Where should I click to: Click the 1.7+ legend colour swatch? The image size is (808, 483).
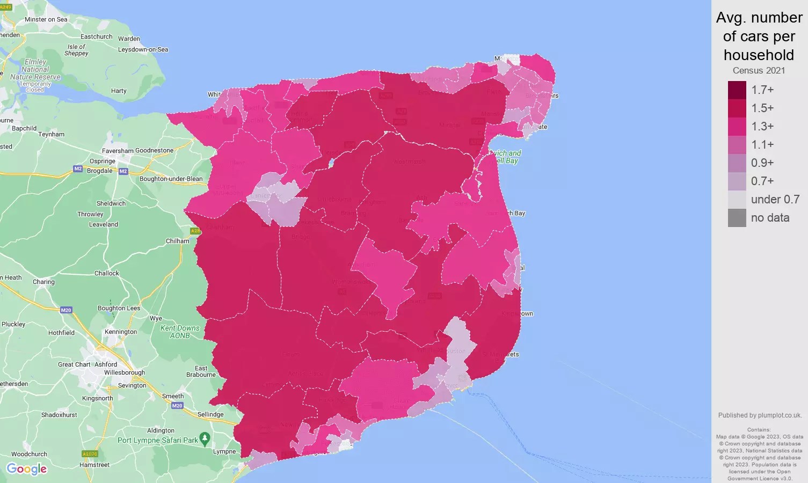click(x=737, y=90)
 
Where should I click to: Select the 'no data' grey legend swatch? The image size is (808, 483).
click(x=737, y=218)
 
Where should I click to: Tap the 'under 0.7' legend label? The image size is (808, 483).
click(x=775, y=200)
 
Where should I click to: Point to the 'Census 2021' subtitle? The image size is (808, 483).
click(x=759, y=70)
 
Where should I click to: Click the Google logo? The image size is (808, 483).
click(x=27, y=469)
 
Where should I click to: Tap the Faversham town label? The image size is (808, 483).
click(x=118, y=151)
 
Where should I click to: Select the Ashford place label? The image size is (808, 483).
click(x=106, y=364)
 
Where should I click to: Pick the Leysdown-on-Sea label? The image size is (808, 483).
click(x=143, y=49)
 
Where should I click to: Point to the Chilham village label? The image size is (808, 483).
click(x=177, y=241)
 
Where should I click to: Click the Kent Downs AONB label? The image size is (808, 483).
click(x=180, y=332)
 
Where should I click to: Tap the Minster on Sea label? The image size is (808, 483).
click(x=46, y=19)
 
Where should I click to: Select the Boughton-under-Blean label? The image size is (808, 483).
click(x=171, y=179)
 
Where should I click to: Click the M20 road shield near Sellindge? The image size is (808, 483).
click(x=177, y=406)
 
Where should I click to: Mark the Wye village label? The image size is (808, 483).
click(x=156, y=318)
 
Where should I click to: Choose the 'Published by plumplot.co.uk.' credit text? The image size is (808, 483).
click(x=760, y=415)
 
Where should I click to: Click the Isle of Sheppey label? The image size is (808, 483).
click(x=76, y=50)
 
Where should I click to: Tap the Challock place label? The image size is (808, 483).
click(x=107, y=273)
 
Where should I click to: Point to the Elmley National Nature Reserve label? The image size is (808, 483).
click(x=35, y=69)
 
